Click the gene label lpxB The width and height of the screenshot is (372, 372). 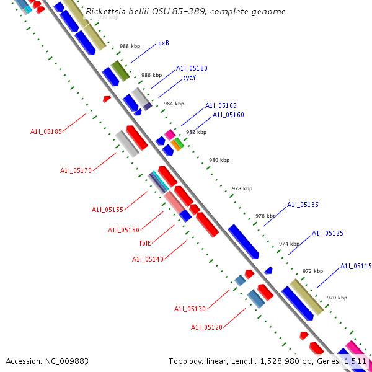(x=162, y=43)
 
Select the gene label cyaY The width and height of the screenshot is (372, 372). (x=189, y=78)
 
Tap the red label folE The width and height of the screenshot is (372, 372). (x=148, y=244)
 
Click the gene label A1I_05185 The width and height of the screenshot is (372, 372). (x=46, y=131)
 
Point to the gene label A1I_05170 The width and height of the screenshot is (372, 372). (x=76, y=170)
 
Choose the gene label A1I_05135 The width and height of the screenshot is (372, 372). (x=303, y=205)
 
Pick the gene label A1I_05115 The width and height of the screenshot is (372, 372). (x=356, y=267)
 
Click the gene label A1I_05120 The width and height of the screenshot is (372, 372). (x=206, y=327)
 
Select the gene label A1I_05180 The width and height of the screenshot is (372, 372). (x=192, y=69)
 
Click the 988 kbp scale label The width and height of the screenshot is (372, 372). (x=129, y=46)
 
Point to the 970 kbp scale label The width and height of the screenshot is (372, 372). (x=337, y=298)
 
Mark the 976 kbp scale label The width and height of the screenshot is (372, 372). (x=265, y=216)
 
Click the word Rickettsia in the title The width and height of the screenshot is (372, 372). (x=105, y=12)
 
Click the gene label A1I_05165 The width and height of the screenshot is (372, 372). (x=221, y=106)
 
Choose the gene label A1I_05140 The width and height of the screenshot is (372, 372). (x=148, y=259)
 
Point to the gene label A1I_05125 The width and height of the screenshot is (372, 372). (x=327, y=234)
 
